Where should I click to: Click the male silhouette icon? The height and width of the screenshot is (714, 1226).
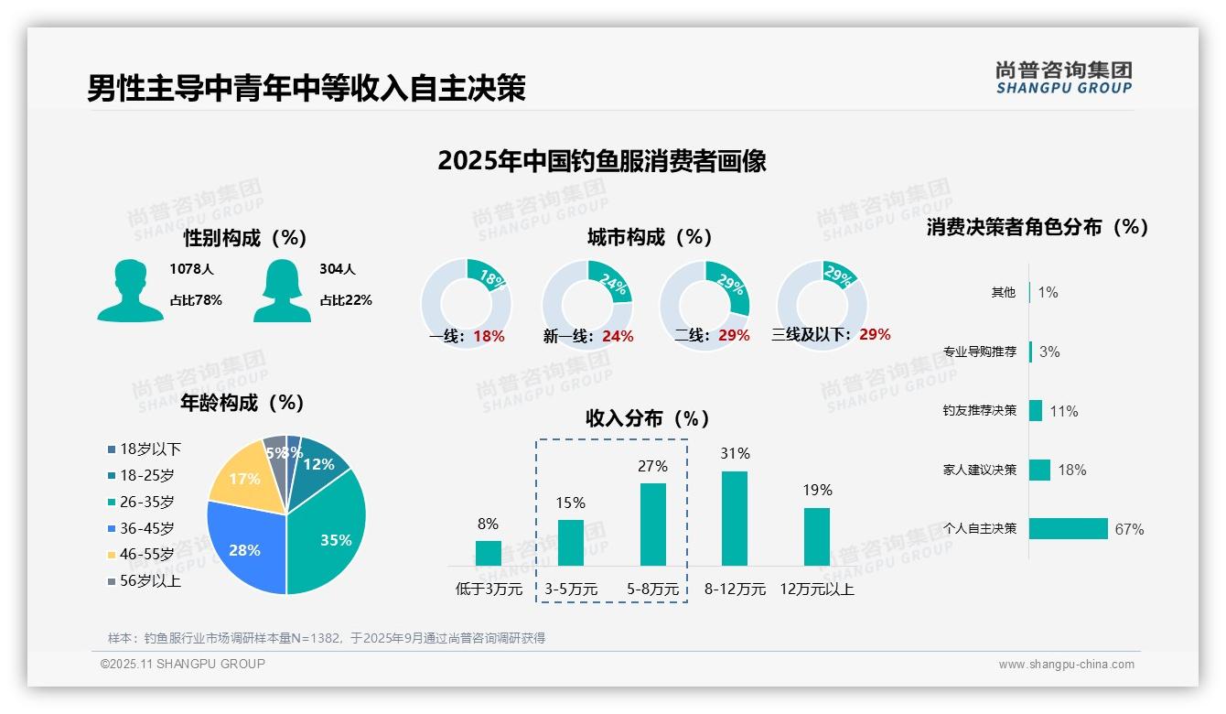click(130, 290)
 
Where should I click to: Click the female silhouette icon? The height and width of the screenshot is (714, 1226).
click(282, 290)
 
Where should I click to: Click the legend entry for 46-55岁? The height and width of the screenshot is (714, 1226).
click(147, 555)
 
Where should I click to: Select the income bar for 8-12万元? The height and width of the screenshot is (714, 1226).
click(735, 518)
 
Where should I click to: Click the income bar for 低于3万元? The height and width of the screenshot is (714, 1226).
click(489, 553)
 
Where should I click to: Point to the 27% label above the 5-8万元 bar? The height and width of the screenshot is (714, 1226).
click(652, 467)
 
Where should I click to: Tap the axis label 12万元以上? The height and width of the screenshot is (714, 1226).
click(817, 590)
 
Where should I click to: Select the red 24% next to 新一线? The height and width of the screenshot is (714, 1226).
click(618, 337)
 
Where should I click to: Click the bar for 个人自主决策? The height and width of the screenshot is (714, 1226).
click(1068, 529)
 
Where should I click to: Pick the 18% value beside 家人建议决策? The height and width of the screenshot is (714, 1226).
click(1071, 471)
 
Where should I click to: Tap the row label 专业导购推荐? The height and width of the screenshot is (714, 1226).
click(979, 352)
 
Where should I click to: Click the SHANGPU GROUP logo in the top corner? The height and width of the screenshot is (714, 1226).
click(1063, 78)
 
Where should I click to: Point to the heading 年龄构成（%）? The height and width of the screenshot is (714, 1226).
click(242, 403)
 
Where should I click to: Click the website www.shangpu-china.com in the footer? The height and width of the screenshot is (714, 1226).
click(1066, 665)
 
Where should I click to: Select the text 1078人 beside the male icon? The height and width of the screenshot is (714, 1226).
click(191, 269)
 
